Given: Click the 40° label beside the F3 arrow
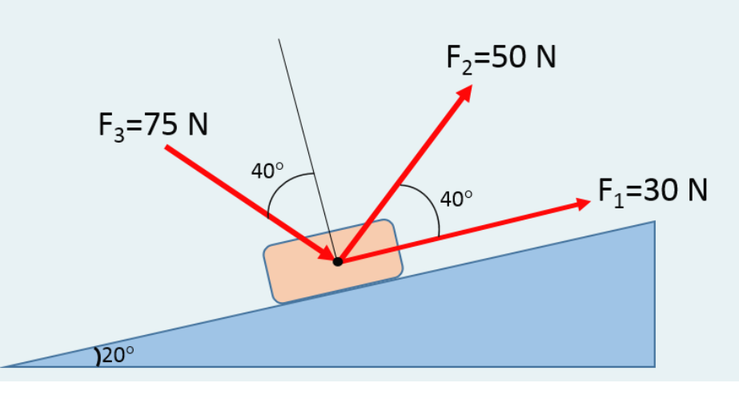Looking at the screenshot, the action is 267,171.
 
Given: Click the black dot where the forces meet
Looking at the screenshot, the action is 338,261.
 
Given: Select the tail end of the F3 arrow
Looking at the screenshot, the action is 167,147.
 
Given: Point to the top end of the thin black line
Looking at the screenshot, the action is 279,39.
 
